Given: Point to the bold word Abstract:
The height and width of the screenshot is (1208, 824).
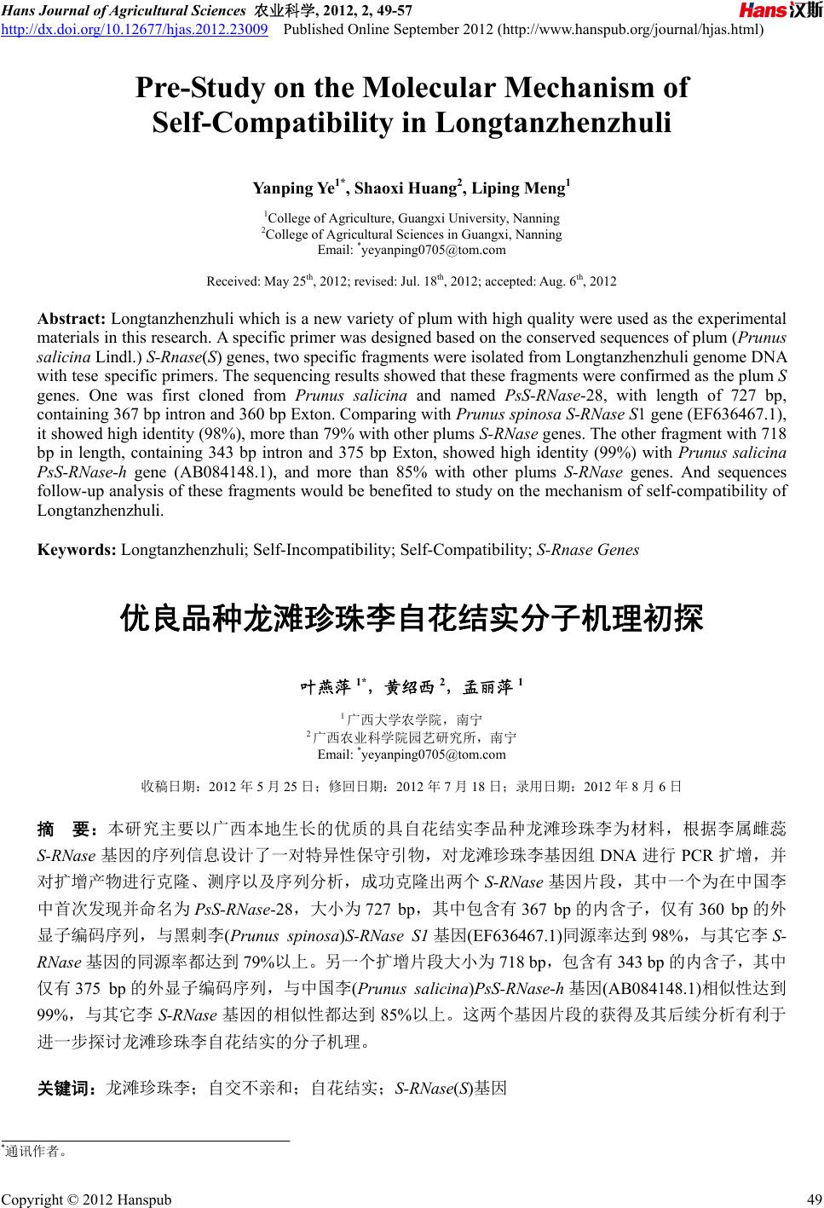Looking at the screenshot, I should (x=72, y=320).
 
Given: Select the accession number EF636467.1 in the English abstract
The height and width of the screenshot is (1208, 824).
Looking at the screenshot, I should (x=736, y=415).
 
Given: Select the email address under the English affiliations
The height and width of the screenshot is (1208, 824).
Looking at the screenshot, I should (x=412, y=250).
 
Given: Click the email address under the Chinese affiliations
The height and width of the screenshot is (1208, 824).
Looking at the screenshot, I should (x=412, y=754).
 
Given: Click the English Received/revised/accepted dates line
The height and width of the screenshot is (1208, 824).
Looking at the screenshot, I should (x=412, y=280).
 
